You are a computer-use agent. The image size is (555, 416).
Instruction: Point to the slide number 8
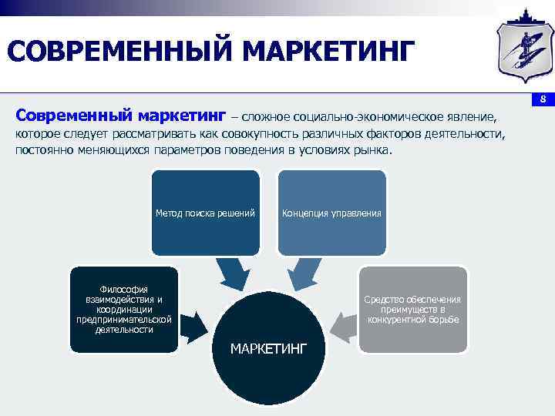pos(543,99)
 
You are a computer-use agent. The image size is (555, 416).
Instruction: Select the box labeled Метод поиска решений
pos(205,213)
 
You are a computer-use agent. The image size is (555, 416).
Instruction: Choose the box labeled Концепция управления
pos(331,213)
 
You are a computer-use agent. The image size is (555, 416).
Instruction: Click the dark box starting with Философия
pos(123,309)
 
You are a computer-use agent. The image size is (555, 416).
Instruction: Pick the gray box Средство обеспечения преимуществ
pos(413,309)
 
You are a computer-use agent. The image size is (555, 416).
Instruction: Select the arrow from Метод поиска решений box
pos(232,271)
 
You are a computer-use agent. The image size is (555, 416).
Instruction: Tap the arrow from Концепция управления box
pos(304,272)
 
